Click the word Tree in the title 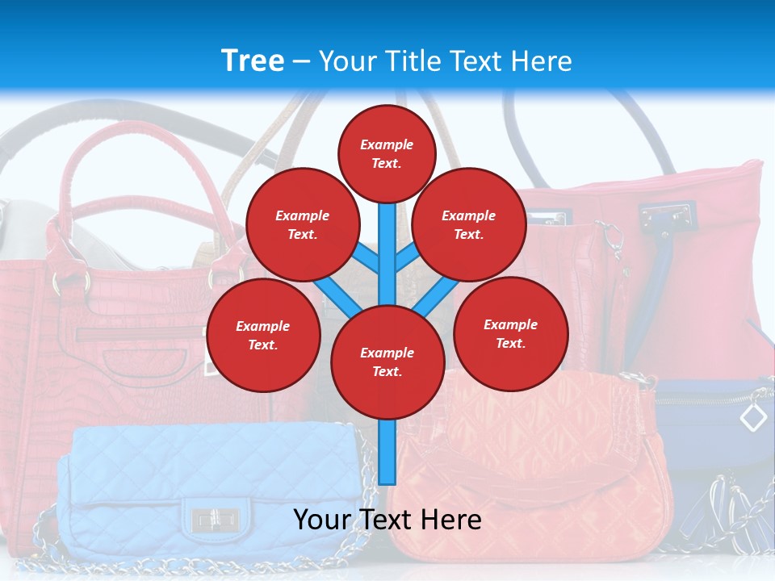pyautogui.click(x=253, y=61)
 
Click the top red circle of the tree pyautogui.click(x=387, y=153)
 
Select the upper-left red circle pyautogui.click(x=302, y=224)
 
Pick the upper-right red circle pyautogui.click(x=468, y=224)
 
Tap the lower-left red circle pyautogui.click(x=263, y=335)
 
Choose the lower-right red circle pyautogui.click(x=510, y=333)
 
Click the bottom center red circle pyautogui.click(x=387, y=362)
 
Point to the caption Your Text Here pyautogui.click(x=387, y=519)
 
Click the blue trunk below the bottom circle pyautogui.click(x=387, y=452)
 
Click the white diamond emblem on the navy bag pyautogui.click(x=752, y=417)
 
